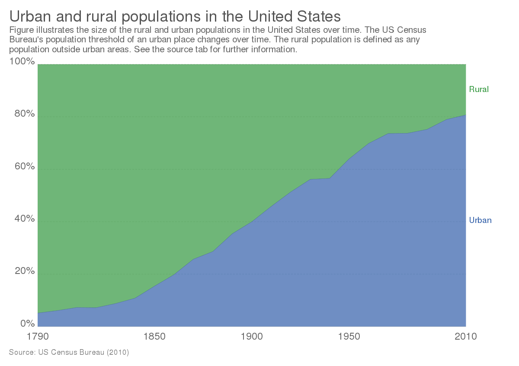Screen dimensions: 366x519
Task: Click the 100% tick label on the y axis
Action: [21, 62]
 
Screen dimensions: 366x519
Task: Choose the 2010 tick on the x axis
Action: [466, 336]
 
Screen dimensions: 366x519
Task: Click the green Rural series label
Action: [479, 89]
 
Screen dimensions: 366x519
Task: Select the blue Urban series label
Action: [481, 220]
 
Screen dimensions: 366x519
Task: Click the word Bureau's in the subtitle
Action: [26, 40]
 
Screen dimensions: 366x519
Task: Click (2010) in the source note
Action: [118, 352]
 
